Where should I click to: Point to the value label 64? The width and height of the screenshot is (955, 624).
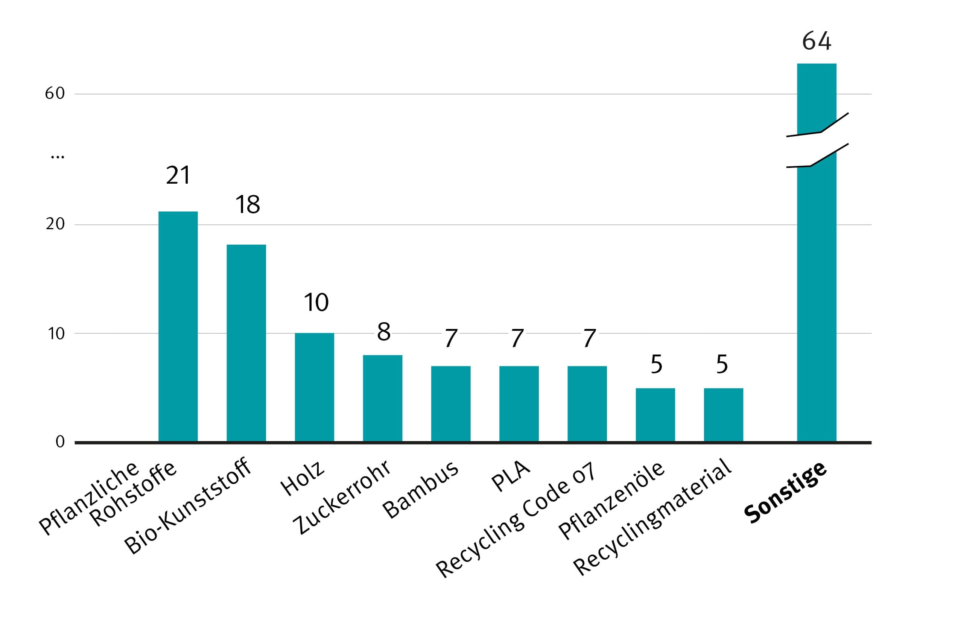click(x=817, y=41)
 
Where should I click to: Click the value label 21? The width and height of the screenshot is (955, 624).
click(x=178, y=175)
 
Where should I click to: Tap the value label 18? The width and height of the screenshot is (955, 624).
click(x=248, y=205)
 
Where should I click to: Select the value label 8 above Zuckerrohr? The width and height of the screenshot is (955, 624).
click(x=383, y=332)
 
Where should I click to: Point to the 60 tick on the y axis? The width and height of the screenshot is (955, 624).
click(x=55, y=93)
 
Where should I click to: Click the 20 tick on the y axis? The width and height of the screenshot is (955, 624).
click(x=55, y=224)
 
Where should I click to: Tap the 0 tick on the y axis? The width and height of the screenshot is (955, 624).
click(x=60, y=442)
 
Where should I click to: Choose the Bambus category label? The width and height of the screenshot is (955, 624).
click(x=420, y=490)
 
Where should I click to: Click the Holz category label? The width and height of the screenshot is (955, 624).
click(x=302, y=478)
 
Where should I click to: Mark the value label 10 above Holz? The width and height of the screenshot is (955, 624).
click(x=316, y=302)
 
